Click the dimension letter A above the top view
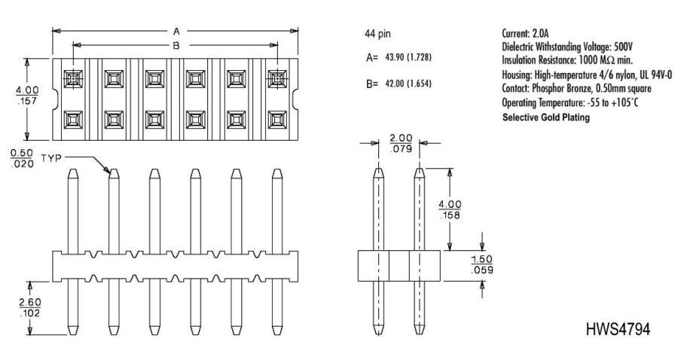coord(176,31)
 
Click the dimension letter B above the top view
coord(176,45)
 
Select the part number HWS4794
coord(618,329)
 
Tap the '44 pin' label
coord(378,34)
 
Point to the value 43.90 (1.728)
coord(408,57)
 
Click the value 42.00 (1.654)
coord(408,84)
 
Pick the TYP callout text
coord(51,158)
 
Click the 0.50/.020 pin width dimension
coord(22,158)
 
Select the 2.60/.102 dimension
coord(30,307)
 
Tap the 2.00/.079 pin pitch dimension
coord(401,144)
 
